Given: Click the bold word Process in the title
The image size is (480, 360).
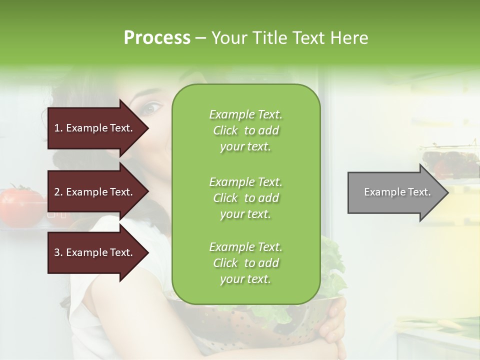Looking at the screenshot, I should (157, 38).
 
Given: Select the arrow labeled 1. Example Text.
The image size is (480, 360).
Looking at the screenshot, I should (95, 128).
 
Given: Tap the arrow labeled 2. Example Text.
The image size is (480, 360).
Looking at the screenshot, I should (95, 192).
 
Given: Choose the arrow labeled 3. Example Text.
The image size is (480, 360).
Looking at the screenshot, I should (95, 252).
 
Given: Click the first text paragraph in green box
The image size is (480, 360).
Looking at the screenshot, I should (245, 130).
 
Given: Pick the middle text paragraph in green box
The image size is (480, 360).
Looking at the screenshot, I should (245, 198).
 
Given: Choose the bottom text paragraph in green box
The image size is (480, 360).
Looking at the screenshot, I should (245, 263).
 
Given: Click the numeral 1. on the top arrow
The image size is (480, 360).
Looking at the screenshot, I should (58, 128).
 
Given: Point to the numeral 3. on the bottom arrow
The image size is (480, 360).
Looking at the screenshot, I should (58, 252).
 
